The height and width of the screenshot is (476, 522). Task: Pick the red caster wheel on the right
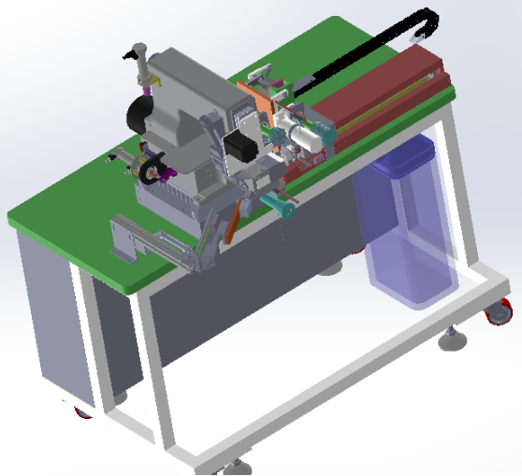500,316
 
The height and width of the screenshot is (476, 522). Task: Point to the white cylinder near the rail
304,135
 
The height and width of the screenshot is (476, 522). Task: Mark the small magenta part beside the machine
167,172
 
